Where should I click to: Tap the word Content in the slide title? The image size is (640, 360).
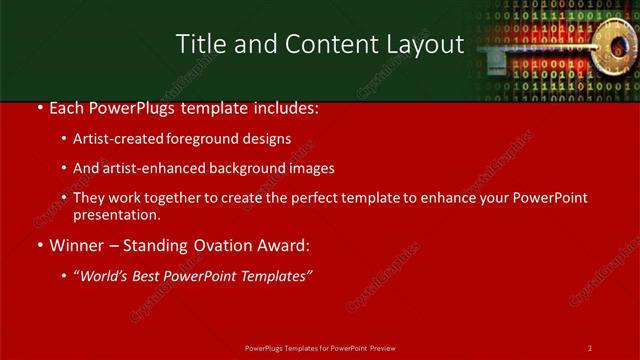(317, 45)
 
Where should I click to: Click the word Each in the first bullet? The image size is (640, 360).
(66, 108)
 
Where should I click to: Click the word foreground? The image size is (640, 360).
(210, 139)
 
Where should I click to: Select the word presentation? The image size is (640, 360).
(116, 214)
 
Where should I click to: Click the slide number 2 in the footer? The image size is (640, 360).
(590, 347)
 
